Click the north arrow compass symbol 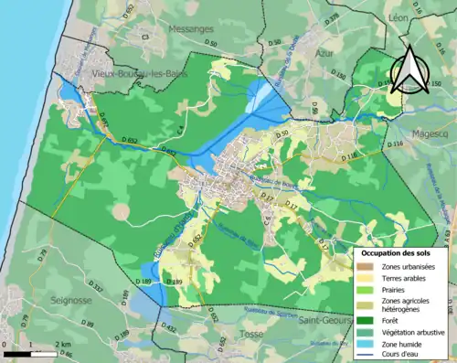(x=408, y=67)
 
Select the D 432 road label (x=167, y=326)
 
